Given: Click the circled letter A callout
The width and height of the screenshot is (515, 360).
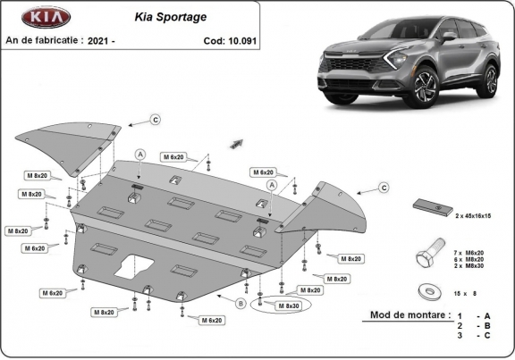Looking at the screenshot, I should (139, 155).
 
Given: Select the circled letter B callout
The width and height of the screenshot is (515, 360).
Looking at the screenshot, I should (240, 304).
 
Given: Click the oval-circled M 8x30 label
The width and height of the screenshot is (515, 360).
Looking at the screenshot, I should (288, 306).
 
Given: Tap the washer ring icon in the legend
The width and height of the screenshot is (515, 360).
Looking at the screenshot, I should (428, 290).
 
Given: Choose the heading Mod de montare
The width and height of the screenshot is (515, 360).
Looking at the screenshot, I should (404, 315).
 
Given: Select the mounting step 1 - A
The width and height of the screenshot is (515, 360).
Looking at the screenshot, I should (472, 317).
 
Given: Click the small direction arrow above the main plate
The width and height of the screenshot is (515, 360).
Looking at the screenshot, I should (236, 141).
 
